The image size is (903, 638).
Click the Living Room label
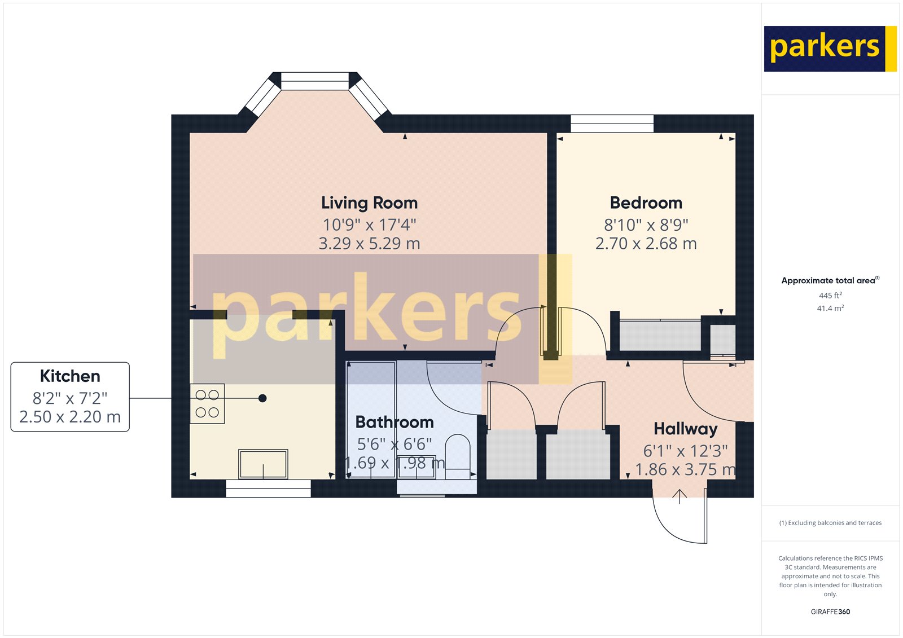coord(369,203)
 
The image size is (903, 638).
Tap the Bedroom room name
coord(646,203)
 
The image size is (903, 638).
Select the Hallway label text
coord(685,429)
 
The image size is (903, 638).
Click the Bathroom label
coord(394,422)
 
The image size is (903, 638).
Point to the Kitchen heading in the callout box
coord(70,376)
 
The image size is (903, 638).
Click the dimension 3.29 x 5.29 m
coord(369,244)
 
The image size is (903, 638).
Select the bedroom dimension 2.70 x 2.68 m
coord(646,244)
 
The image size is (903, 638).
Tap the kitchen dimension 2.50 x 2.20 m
coord(70,417)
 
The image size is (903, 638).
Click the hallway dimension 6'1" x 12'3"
coord(685,451)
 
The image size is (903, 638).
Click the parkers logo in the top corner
coord(830,49)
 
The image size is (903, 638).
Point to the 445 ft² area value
coord(830,296)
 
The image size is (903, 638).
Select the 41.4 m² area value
coord(830,309)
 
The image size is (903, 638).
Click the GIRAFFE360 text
coord(830,611)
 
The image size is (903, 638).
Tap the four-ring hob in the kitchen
coord(207,403)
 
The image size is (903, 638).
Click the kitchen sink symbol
coord(263,464)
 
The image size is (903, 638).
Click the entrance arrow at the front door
coord(680,496)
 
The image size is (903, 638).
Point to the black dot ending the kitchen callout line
coord(262,398)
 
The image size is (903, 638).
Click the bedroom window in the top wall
coord(612,124)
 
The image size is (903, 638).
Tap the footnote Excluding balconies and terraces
coord(830,523)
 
